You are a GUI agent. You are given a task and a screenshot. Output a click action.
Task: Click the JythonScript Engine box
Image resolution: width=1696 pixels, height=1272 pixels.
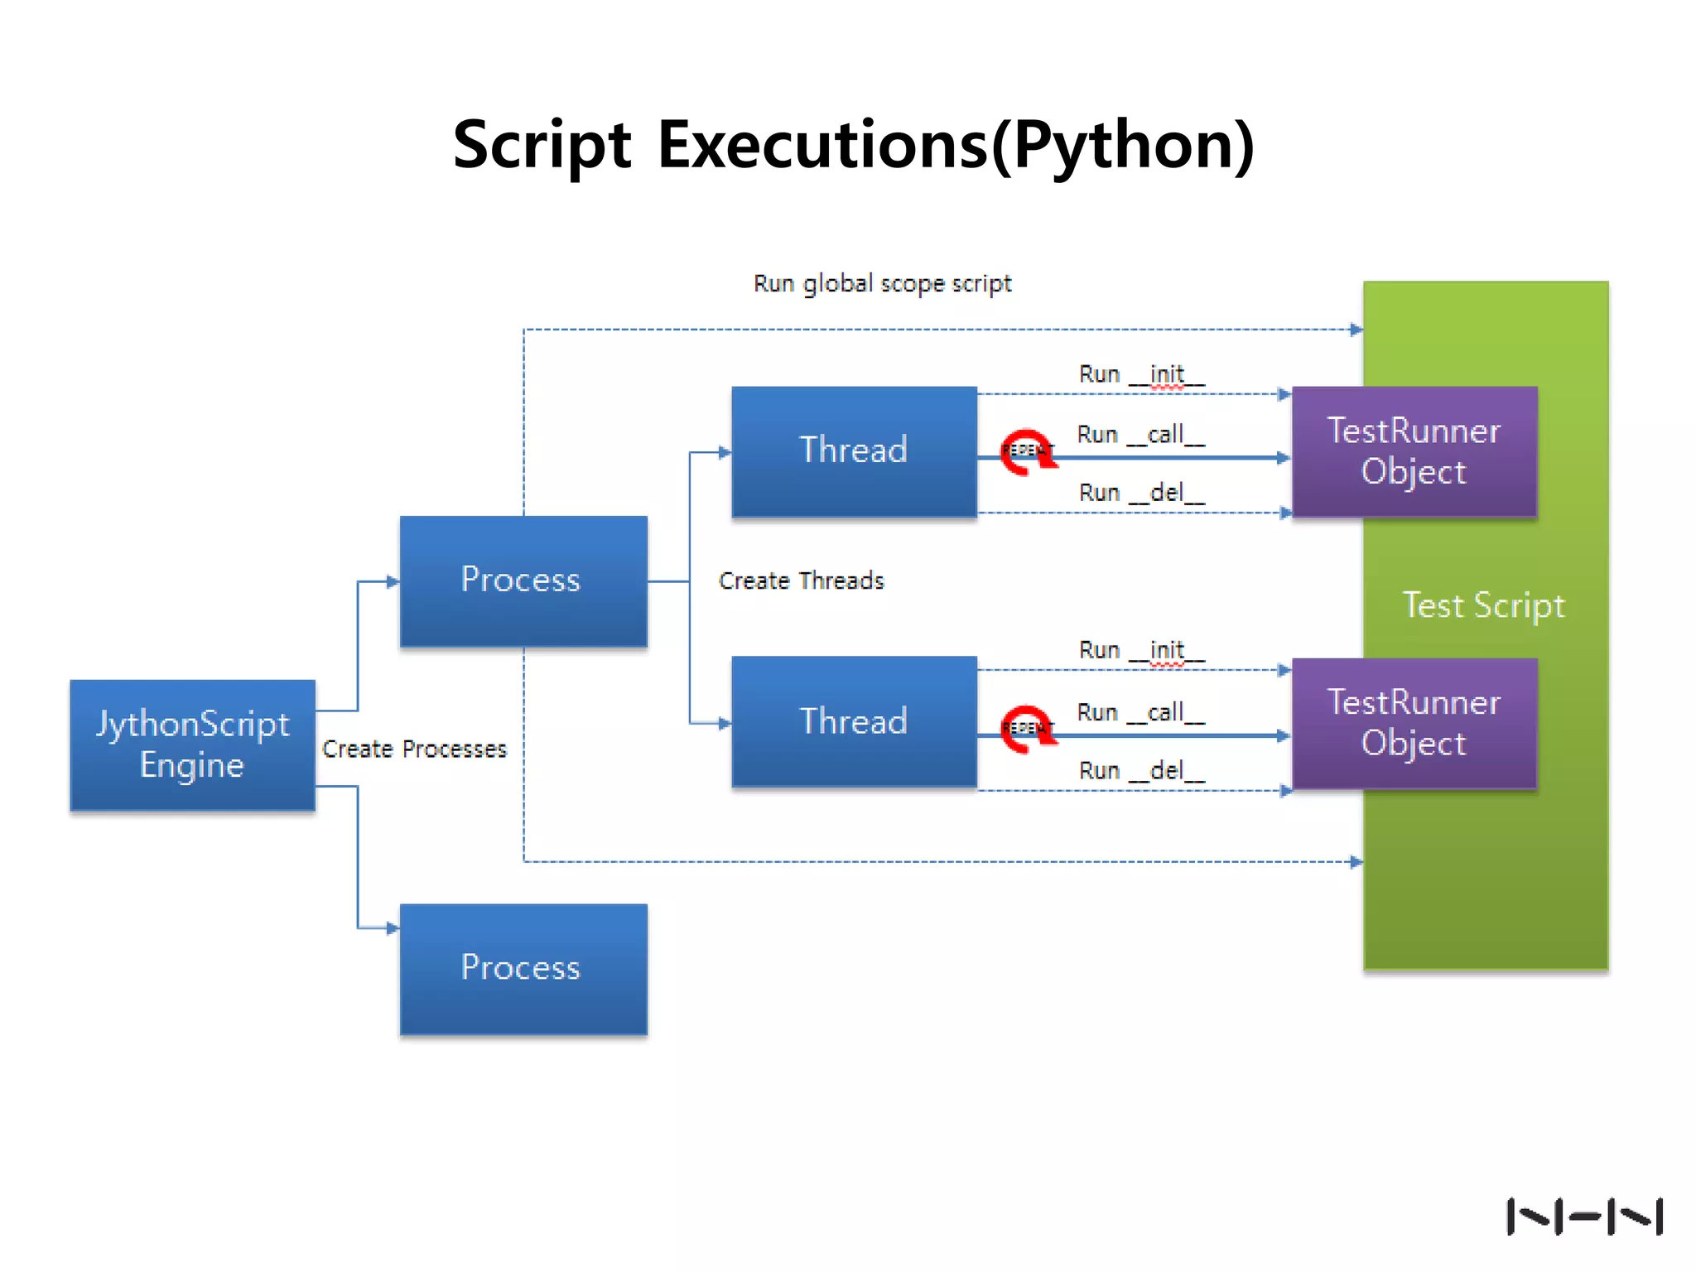click(x=192, y=744)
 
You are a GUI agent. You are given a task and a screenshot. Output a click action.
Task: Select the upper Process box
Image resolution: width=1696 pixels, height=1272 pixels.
click(x=523, y=581)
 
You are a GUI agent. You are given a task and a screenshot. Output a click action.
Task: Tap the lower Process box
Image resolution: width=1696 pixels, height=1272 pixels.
click(x=523, y=968)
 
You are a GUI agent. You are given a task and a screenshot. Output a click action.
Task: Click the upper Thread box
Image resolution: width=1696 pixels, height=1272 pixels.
click(x=854, y=451)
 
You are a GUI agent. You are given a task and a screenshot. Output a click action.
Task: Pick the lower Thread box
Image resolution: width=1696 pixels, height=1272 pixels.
click(x=854, y=721)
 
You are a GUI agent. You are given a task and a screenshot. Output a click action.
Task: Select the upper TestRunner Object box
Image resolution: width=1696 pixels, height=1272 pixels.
click(x=1414, y=451)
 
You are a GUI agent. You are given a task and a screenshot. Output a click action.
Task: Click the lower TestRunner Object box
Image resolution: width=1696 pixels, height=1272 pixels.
click(x=1414, y=723)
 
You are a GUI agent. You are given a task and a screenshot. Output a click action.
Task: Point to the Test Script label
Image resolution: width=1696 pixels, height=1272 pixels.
click(x=1483, y=605)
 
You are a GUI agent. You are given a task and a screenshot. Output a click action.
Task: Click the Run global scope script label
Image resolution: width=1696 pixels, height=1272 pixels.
click(x=882, y=284)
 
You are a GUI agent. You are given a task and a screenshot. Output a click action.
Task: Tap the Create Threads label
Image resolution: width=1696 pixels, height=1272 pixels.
click(x=801, y=581)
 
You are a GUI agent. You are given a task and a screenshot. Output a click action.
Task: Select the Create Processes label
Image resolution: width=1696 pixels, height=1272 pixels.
click(x=414, y=749)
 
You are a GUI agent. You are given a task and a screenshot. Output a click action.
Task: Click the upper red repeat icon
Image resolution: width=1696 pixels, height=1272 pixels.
click(x=1027, y=452)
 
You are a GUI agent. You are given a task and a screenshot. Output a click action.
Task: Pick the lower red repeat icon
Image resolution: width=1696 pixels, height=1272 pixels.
click(x=1027, y=729)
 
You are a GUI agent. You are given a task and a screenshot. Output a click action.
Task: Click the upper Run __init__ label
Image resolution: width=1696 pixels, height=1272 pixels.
click(x=1141, y=374)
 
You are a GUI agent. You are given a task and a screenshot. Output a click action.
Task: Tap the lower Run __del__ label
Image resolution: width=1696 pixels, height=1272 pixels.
click(x=1141, y=771)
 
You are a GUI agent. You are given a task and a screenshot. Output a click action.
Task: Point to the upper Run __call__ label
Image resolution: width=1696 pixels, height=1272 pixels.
click(x=1140, y=434)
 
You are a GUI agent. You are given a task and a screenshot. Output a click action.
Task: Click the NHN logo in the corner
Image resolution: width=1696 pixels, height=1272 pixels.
click(x=1583, y=1217)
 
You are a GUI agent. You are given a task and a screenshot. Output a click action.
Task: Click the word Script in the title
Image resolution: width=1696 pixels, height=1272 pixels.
click(x=542, y=145)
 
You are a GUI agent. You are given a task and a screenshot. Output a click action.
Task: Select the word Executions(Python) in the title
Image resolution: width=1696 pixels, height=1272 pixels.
click(x=956, y=145)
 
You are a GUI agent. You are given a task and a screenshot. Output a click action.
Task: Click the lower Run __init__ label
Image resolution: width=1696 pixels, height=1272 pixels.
click(x=1141, y=650)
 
